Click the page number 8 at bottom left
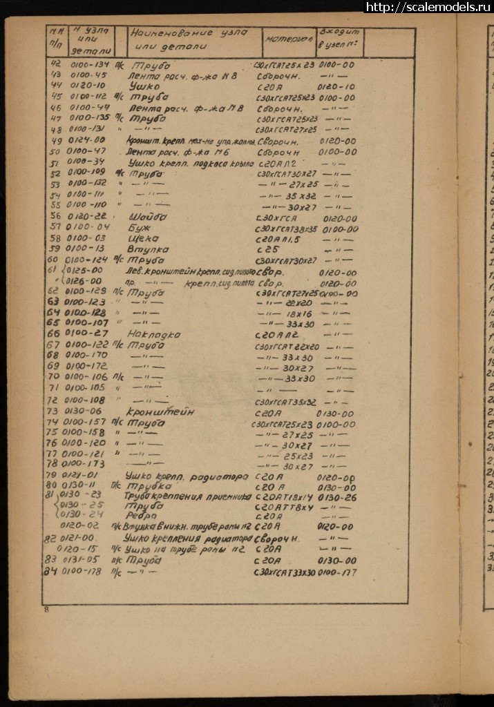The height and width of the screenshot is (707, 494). pyautogui.click(x=47, y=608)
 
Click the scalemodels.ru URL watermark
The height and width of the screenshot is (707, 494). pyautogui.click(x=428, y=7)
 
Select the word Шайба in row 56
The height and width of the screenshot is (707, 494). pyautogui.click(x=147, y=215)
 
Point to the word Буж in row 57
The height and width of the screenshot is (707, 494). pyautogui.click(x=138, y=227)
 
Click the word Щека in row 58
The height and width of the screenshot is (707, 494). pyautogui.click(x=142, y=238)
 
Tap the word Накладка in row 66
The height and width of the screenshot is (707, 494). pyautogui.click(x=155, y=334)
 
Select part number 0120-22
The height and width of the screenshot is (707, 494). pyautogui.click(x=88, y=216)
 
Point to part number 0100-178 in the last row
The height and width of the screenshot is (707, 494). pyautogui.click(x=85, y=572)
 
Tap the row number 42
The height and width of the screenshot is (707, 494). pyautogui.click(x=57, y=64)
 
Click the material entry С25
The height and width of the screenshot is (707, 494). pyautogui.click(x=266, y=249)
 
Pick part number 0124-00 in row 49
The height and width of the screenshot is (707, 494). pyautogui.click(x=88, y=140)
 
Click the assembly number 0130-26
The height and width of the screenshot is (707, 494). pyautogui.click(x=337, y=496)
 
